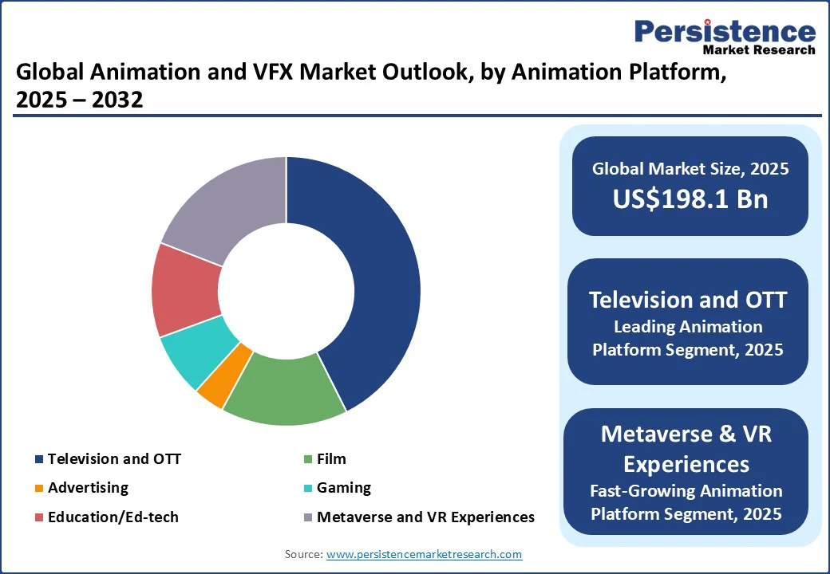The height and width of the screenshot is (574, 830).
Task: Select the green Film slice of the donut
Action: [283, 390]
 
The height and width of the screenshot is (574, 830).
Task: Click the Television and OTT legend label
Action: [114, 458]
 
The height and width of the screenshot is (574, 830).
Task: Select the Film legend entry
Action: [331, 458]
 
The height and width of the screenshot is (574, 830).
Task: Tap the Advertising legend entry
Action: [88, 487]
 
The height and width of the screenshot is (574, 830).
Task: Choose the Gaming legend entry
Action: [344, 487]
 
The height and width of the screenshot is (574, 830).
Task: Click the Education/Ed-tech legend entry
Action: [113, 517]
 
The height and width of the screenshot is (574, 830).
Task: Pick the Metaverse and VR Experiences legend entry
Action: [425, 517]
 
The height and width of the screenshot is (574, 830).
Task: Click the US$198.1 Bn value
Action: [690, 199]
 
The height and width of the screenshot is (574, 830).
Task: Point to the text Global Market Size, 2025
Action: [690, 168]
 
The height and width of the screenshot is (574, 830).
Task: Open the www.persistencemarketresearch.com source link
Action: [424, 553]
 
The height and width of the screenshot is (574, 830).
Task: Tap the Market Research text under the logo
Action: [759, 49]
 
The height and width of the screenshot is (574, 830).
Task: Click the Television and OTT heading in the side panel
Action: [688, 300]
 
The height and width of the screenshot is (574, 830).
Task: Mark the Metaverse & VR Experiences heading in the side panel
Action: [686, 448]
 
